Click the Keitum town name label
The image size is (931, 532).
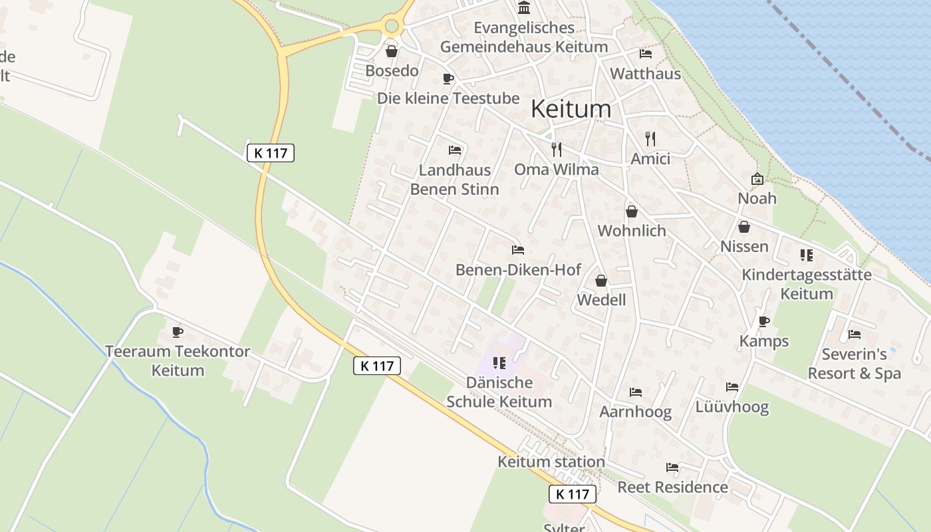point(571,109)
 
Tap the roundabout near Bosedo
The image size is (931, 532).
point(391,27)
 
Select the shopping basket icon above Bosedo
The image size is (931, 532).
point(392,51)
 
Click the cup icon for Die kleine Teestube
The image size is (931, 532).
point(448,78)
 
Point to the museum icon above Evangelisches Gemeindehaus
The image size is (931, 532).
point(524,8)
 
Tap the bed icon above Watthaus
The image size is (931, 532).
point(645,54)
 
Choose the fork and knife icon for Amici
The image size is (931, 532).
point(650,138)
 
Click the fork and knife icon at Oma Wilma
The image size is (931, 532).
point(557,149)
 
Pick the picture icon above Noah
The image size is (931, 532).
point(757,179)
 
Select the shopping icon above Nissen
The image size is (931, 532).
point(744,227)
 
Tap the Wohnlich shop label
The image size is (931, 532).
point(632,231)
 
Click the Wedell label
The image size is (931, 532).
point(601,300)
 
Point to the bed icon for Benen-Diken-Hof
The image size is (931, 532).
point(518,250)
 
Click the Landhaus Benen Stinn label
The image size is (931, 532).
point(454,180)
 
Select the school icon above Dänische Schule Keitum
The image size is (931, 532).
point(499,362)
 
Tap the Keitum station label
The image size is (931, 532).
point(551,462)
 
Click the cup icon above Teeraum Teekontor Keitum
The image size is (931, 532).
point(177,331)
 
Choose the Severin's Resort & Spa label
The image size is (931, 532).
point(854,364)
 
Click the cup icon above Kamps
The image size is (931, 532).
point(764,321)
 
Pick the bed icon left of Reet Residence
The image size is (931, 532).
point(672,467)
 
